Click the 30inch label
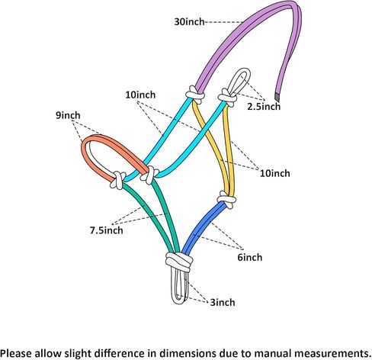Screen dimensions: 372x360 tap(189, 21)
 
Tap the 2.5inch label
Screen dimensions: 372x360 tap(264, 106)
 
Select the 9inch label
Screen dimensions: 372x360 tap(68, 115)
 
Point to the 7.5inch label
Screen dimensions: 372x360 tap(107, 230)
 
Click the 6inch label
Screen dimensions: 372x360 tap(250, 257)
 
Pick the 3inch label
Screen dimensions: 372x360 tap(223, 302)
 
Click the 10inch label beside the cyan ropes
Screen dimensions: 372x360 tap(140, 95)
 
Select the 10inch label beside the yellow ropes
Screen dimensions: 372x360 tap(274, 173)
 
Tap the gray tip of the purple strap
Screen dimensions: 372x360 tap(277, 97)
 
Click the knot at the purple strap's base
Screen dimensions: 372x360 tap(194, 95)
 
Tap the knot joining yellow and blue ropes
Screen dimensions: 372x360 tap(227, 200)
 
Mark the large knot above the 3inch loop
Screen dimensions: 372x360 tap(179, 262)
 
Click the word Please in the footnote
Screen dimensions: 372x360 tap(17, 353)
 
